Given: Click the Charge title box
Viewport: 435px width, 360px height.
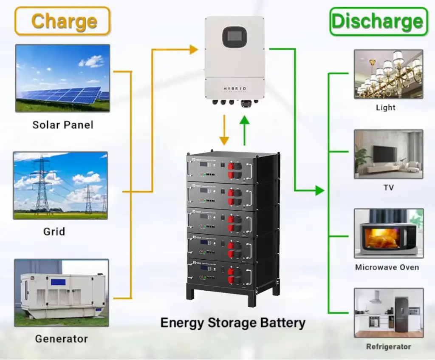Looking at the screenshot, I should (62, 21).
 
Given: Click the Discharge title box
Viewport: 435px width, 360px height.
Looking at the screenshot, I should (378, 21).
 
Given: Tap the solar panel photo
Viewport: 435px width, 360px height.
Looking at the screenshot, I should (62, 78).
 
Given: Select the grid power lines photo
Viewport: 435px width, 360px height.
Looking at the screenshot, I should (60, 185).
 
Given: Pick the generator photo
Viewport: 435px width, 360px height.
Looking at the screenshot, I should (62, 293).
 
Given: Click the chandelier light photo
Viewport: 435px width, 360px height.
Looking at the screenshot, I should (388, 74).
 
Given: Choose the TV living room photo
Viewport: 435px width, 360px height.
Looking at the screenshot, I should (388, 154).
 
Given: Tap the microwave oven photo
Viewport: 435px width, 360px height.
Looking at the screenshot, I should (388, 233).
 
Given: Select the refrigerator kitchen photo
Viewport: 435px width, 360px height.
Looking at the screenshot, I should (388, 313).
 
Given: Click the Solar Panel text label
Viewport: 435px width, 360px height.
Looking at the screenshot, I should (63, 125).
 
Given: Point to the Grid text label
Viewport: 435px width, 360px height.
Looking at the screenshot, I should (54, 232).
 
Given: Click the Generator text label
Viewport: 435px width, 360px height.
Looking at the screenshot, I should (61, 339).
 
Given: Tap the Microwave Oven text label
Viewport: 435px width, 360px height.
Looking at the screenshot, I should (387, 268).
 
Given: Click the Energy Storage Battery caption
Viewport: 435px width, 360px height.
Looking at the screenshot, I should (233, 323).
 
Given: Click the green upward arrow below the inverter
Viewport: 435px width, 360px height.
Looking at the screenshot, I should (244, 129).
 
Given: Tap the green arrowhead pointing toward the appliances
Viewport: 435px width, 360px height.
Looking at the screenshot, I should (319, 191).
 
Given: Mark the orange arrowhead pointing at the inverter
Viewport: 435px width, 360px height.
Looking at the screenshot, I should (193, 50).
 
